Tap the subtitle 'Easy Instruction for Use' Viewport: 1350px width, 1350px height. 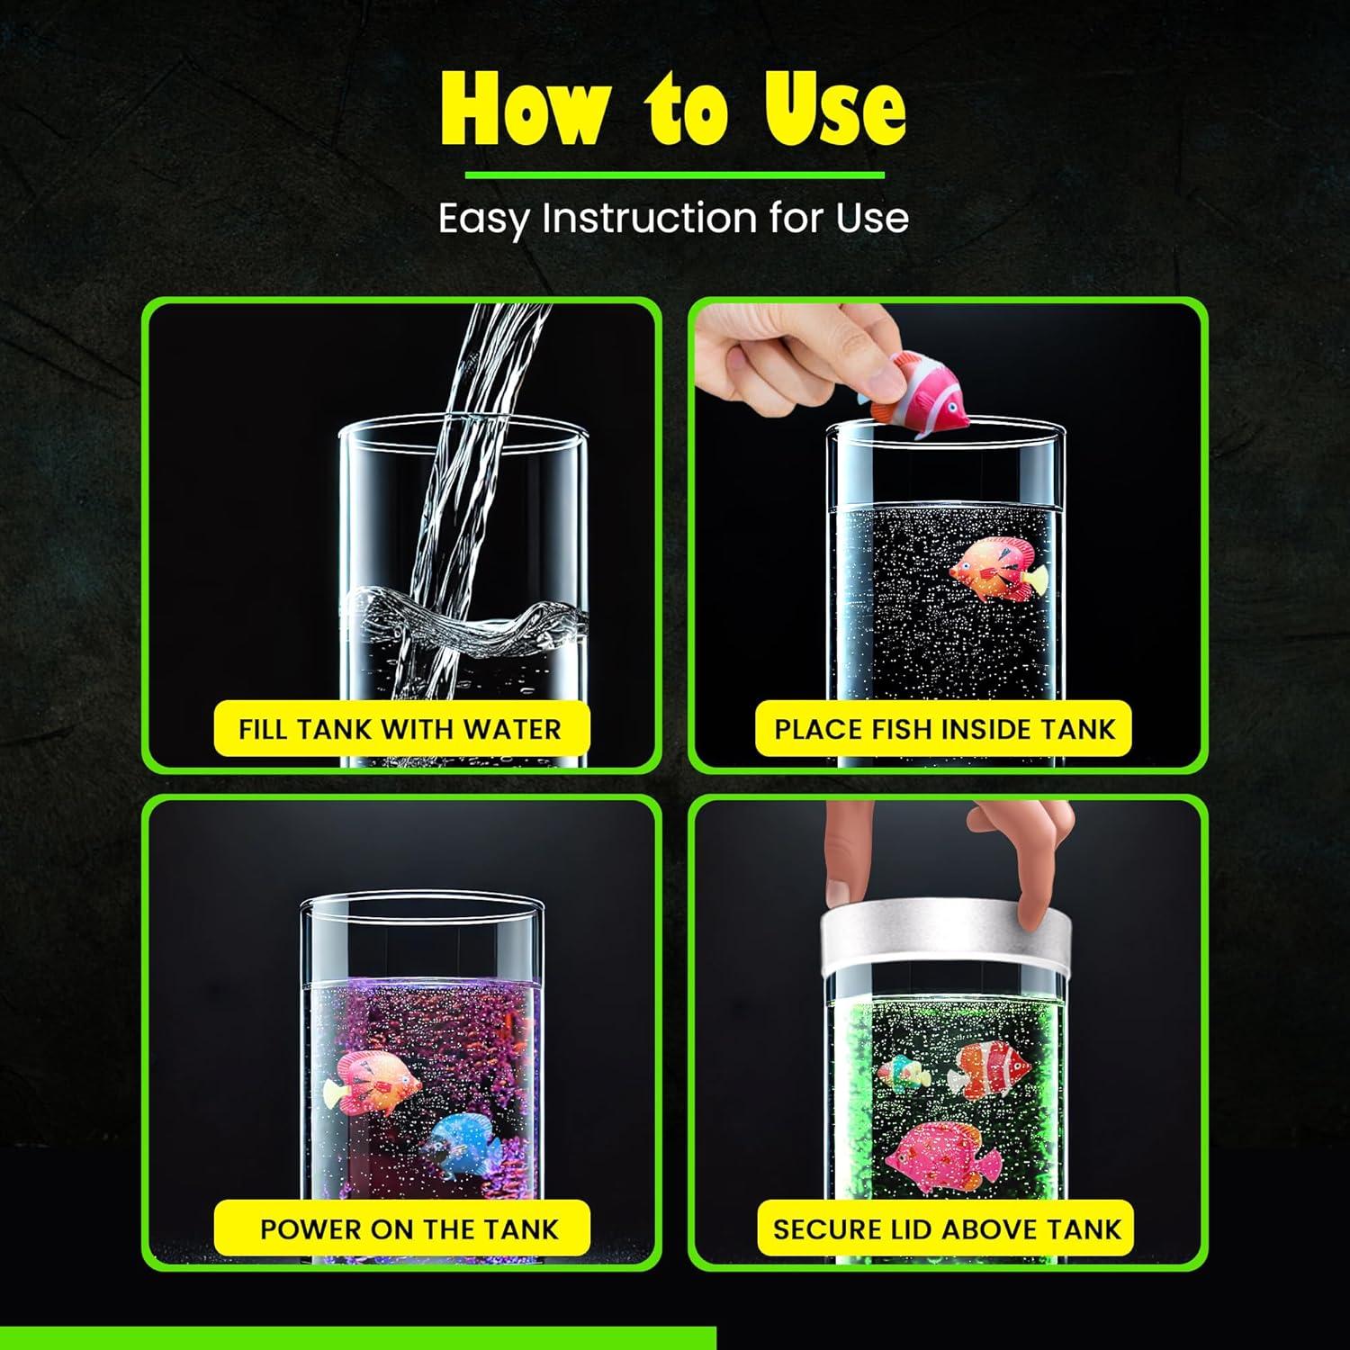pos(673,219)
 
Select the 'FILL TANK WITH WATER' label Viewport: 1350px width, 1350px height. pos(400,728)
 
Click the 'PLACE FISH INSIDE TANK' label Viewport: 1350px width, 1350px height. pos(944,728)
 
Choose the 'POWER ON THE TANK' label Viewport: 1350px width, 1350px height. pos(409,1228)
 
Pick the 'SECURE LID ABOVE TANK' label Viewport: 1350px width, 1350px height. pos(947,1228)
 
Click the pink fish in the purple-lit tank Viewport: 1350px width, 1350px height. pos(378,1080)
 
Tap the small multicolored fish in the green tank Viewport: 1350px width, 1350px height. pos(904,1074)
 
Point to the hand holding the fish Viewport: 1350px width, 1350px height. pos(792,360)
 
